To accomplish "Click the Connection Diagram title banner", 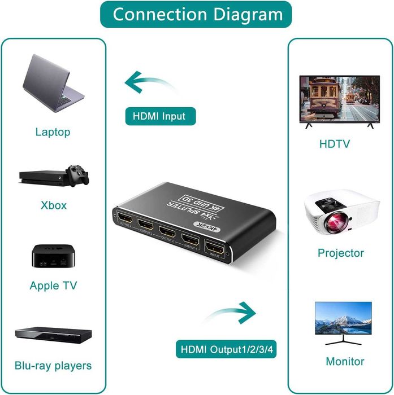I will (x=197, y=15).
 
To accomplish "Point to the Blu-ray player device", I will (x=53, y=334).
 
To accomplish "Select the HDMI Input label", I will (x=159, y=116).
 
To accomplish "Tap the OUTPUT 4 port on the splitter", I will (x=124, y=218).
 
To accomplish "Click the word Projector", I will (x=340, y=253).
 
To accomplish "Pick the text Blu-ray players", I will (x=53, y=366).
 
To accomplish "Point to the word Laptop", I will (x=53, y=132).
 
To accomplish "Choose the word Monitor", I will (x=345, y=361).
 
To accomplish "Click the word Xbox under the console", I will (x=54, y=205).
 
